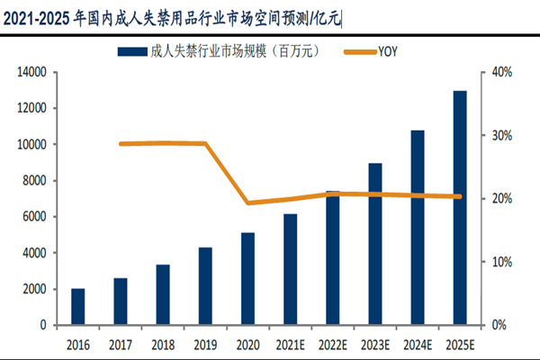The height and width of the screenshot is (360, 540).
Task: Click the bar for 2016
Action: [x=78, y=306]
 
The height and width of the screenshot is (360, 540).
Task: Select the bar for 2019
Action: [x=205, y=285]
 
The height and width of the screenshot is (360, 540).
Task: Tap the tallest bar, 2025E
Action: [x=460, y=207]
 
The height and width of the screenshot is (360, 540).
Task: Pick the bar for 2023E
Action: [x=375, y=243]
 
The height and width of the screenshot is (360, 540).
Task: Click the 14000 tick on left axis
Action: [x=32, y=72]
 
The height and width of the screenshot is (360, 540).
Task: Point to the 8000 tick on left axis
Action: [x=35, y=180]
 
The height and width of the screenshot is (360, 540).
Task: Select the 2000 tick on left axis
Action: [x=35, y=289]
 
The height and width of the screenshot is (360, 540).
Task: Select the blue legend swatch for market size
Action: [x=131, y=50]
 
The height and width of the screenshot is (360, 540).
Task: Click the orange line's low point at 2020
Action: [x=247, y=202]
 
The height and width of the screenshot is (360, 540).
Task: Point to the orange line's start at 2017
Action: [x=121, y=144]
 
